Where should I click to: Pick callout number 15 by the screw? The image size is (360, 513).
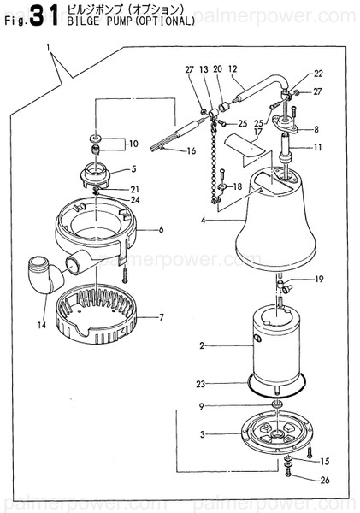coord(325,461)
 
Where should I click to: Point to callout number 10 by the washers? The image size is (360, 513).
coord(132,143)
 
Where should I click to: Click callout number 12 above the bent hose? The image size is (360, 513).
coord(233,68)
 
